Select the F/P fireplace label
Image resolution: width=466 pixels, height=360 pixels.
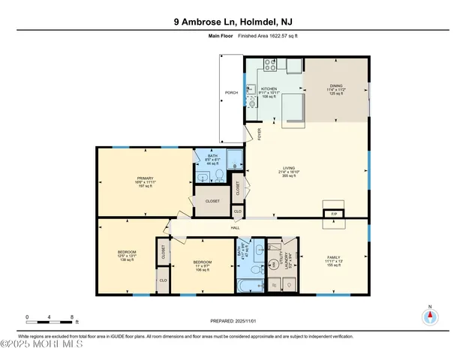(x=334, y=214)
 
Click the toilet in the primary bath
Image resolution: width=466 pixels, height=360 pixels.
(x=218, y=175)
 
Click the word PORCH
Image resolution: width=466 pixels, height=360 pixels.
(x=231, y=94)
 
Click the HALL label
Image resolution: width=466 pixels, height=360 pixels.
(x=235, y=226)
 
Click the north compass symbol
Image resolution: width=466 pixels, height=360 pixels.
(x=430, y=316)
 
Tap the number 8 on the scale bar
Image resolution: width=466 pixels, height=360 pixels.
(x=71, y=318)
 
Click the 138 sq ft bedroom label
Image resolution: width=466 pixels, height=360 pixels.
(x=126, y=252)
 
